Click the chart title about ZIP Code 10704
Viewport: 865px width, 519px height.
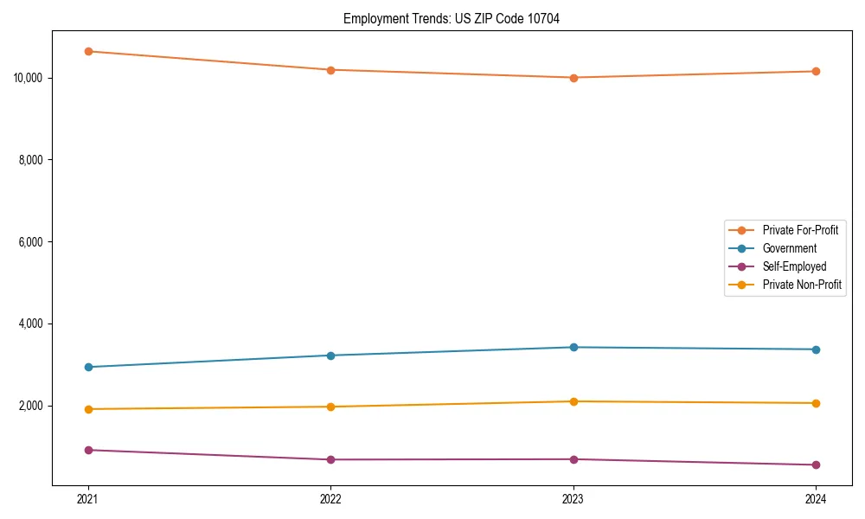click(x=452, y=18)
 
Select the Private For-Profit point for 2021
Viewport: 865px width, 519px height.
click(x=88, y=51)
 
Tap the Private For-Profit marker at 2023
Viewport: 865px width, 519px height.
click(x=573, y=78)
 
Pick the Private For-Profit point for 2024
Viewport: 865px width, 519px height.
click(x=816, y=71)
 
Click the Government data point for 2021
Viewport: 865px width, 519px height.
click(x=88, y=367)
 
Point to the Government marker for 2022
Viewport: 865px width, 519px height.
click(x=330, y=356)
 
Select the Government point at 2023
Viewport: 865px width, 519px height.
click(x=573, y=347)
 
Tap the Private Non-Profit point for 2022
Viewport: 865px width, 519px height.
click(x=330, y=407)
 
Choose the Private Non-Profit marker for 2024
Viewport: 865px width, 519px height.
click(x=816, y=403)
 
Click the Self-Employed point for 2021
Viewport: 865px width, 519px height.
click(x=88, y=450)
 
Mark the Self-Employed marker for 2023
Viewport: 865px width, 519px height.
click(x=573, y=459)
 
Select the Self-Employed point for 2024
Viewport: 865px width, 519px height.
click(x=816, y=465)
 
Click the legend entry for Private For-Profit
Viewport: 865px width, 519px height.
click(x=799, y=230)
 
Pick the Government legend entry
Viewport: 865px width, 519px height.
click(x=789, y=248)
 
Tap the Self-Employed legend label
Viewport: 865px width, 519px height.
click(x=794, y=266)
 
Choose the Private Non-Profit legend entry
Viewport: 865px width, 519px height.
click(x=802, y=285)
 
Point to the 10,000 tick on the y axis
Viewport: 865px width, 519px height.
click(x=29, y=78)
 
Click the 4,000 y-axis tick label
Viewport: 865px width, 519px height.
click(x=31, y=324)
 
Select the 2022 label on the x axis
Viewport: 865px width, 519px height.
click(x=330, y=498)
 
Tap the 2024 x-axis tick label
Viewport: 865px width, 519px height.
click(x=816, y=498)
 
